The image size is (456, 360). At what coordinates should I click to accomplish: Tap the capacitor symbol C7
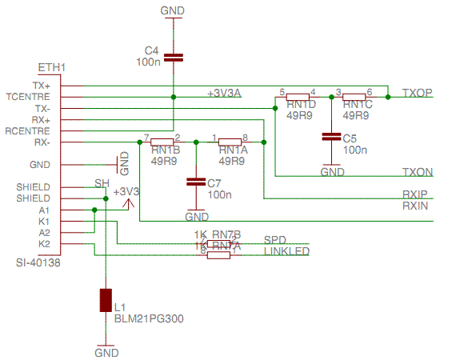(195, 182)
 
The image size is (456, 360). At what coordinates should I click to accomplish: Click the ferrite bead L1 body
(106, 300)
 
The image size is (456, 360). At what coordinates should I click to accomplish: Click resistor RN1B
(162, 142)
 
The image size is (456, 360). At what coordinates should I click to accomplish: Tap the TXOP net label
(417, 94)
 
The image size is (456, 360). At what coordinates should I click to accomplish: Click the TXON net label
(417, 172)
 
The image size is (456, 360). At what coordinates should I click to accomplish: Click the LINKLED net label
(286, 251)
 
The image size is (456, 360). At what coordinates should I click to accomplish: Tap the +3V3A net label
(224, 94)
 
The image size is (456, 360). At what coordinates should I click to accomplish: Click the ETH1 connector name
(51, 67)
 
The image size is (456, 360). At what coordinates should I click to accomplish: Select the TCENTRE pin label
(28, 96)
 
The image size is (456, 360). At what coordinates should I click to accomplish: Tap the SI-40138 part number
(38, 262)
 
